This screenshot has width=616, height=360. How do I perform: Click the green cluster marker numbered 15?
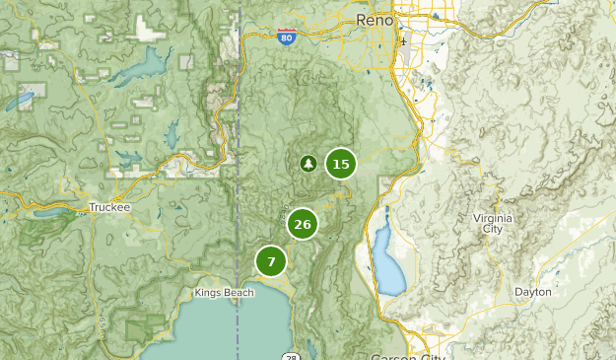click(x=340, y=164)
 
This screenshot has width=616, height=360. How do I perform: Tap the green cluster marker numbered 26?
click(x=303, y=224)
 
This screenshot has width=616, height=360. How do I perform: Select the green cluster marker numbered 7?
click(x=271, y=261)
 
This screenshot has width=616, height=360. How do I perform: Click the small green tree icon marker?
click(x=308, y=164)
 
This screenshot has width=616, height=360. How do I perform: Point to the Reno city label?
click(x=376, y=20)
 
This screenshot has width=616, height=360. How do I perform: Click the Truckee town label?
click(x=108, y=207)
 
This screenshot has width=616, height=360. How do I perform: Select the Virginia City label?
click(x=493, y=223)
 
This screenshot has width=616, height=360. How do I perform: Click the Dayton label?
click(x=533, y=292)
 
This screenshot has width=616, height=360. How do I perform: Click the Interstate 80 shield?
click(x=286, y=38)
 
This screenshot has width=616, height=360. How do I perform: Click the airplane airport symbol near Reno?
click(x=402, y=41)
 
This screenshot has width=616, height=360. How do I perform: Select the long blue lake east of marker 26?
click(x=386, y=262)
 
